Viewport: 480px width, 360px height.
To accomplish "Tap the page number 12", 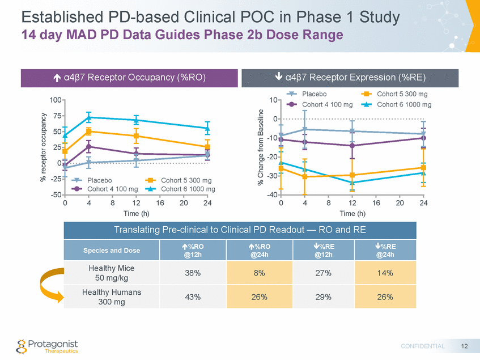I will coord(465,346).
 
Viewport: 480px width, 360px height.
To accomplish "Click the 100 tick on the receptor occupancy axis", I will coord(55,100).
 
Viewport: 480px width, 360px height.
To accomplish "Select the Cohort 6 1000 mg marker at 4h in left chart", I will coord(89,117).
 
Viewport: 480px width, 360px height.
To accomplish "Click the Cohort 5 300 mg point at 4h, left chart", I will coord(89,131).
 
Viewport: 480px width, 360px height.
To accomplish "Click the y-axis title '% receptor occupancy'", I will coord(43,147).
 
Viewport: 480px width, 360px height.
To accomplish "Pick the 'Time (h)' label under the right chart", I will coord(352,214).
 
